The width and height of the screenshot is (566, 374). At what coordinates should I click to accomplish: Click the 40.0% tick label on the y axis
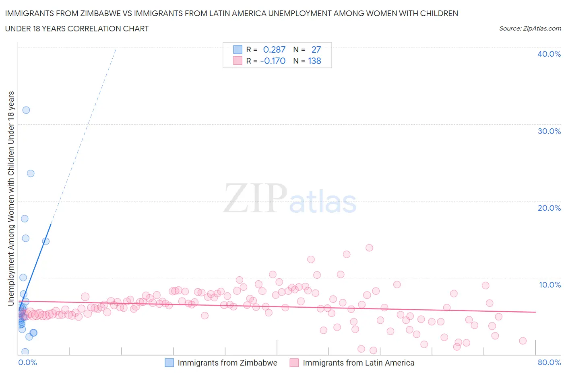[549, 54]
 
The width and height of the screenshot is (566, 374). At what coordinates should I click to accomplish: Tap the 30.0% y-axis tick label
[549, 131]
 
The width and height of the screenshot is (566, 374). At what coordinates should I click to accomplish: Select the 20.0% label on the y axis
[549, 208]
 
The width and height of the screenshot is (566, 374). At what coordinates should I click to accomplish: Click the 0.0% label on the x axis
[27, 362]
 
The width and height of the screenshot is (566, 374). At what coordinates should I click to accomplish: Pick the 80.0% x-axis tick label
[549, 362]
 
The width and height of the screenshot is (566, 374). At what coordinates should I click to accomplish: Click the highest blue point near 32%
[26, 110]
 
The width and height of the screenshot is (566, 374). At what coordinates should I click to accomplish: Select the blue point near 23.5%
[31, 174]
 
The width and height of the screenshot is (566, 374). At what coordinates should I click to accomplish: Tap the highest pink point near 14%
[369, 248]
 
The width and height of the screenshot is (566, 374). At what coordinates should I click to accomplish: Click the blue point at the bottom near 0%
[25, 352]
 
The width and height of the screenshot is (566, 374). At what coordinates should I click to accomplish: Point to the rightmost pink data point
[523, 341]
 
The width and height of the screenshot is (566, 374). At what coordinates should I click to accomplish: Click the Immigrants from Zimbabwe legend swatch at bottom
[169, 363]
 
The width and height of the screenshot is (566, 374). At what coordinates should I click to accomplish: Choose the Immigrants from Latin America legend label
[358, 363]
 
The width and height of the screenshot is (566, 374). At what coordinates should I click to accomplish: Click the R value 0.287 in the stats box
[274, 49]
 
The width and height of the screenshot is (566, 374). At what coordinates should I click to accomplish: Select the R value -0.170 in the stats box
[273, 61]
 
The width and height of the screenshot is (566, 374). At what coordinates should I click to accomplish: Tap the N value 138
[314, 61]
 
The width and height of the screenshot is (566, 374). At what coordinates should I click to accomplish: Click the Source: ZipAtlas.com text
[530, 29]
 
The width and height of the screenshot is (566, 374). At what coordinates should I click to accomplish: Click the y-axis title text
[11, 198]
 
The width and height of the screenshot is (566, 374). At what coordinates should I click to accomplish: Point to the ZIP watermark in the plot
[255, 198]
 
